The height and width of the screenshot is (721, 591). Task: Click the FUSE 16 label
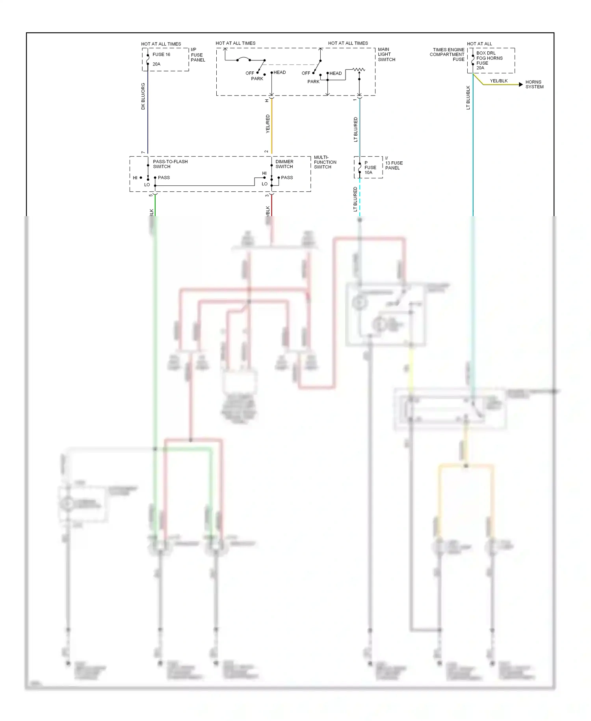[x=161, y=54]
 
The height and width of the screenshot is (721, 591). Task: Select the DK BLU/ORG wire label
[x=143, y=96]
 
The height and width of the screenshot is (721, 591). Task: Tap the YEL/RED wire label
[x=268, y=123]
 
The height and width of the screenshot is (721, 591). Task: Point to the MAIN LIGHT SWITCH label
[x=386, y=54]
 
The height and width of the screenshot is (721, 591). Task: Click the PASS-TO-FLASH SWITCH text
[x=170, y=164]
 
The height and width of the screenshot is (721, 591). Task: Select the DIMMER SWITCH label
[x=284, y=164]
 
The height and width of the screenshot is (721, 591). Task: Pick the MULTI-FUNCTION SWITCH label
[x=325, y=162]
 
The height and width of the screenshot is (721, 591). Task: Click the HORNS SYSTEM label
[x=534, y=84]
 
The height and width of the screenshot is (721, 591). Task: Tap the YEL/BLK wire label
[x=498, y=81]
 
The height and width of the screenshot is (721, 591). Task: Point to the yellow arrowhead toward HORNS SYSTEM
[x=521, y=84]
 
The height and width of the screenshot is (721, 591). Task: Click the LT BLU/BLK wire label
[x=468, y=97]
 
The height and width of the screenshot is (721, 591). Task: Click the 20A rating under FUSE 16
[x=156, y=64]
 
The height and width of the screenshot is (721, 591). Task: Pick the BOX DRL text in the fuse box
[x=486, y=53]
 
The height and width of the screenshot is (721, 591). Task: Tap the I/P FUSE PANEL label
[x=197, y=55]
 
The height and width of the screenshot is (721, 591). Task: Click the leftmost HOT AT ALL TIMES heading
[x=161, y=44]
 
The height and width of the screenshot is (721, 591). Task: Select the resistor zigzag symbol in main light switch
[x=359, y=69]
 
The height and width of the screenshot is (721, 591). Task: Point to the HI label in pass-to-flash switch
[x=135, y=178]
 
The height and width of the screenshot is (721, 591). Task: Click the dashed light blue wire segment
[x=360, y=197]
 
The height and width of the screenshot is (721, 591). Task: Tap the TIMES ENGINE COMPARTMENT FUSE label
[x=448, y=54]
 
